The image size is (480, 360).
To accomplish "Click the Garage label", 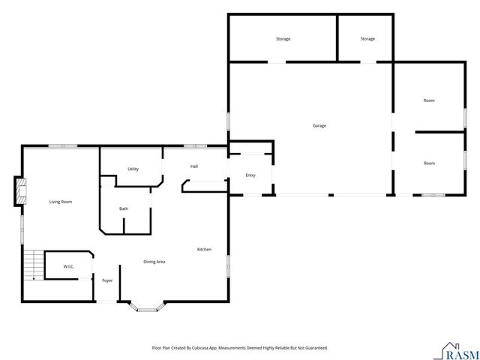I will coord(319,125).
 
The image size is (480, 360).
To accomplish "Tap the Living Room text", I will coord(61,202).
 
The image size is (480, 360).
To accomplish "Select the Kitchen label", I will coord(204,249).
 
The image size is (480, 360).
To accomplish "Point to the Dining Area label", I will coord(154,262).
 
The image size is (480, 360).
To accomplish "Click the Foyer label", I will coord(107,280).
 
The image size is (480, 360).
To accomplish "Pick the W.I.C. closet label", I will coord(67,266).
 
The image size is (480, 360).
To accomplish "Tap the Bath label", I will coord(124,208).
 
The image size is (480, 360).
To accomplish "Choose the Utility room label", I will coord(133,169).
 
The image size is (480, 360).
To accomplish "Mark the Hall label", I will coord(194,166).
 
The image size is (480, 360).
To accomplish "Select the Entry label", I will coord(250,175).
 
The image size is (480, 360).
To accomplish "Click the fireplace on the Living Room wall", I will coord(20,191).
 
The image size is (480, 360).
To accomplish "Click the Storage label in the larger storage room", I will coord(283,38).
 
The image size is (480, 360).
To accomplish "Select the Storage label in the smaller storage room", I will coord(367,38).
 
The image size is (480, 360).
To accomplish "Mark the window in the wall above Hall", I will coord(190,145).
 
